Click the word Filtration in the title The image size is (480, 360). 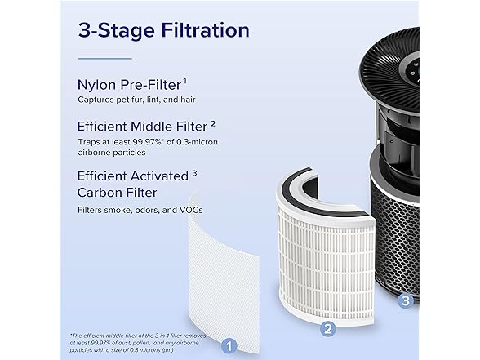[x=205, y=31]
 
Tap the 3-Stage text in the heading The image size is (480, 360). [x=117, y=31]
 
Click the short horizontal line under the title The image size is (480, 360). [x=105, y=58]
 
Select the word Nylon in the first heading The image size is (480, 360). [x=96, y=86]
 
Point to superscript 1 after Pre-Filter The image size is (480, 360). [x=184, y=81]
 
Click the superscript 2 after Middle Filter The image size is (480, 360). [x=213, y=124]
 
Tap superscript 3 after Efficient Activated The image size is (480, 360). [x=194, y=173]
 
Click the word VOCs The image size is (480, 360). [x=191, y=210]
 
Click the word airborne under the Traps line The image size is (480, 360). [x=96, y=153]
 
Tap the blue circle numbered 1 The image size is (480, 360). [x=229, y=346]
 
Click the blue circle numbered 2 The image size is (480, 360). [x=328, y=329]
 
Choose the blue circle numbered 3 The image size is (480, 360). [x=406, y=300]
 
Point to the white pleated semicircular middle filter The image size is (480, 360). [x=326, y=260]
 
